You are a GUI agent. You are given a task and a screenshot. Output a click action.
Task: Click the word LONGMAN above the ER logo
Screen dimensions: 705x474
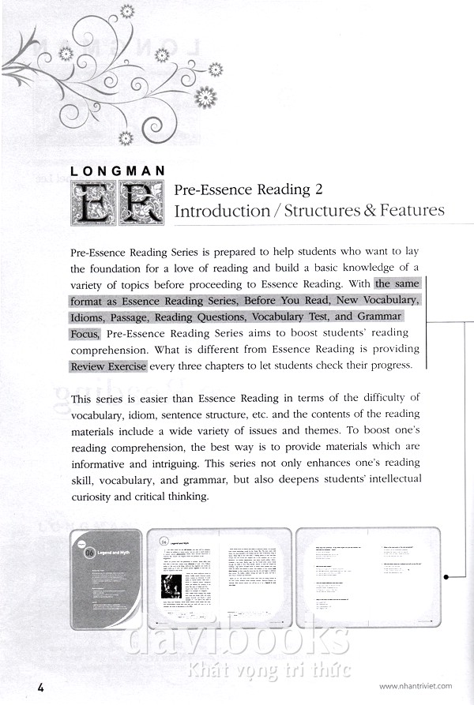coord(117,170)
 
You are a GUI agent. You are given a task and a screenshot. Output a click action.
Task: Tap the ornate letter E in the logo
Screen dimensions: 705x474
coord(93,202)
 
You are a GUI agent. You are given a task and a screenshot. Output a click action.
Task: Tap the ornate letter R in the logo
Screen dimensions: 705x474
coord(140,202)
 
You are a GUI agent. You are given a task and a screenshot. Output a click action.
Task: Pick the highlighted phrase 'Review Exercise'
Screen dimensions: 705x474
coord(107,366)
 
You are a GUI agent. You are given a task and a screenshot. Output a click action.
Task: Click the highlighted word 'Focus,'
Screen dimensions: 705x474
coord(85,334)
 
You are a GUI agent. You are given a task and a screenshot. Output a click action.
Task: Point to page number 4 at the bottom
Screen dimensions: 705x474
coord(41,687)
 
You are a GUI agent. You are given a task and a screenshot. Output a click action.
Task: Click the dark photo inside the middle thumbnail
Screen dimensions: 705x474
coord(171,587)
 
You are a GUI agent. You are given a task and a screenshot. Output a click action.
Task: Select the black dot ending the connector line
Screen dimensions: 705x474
coord(446,576)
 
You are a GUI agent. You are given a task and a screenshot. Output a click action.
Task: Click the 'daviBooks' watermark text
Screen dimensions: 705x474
coord(237,639)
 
